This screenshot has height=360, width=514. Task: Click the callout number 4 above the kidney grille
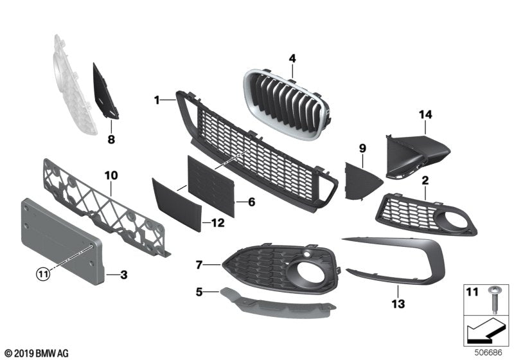(292, 59)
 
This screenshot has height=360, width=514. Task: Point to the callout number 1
(156, 100)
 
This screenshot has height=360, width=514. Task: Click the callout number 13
(398, 303)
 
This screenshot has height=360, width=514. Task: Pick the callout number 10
(110, 174)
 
